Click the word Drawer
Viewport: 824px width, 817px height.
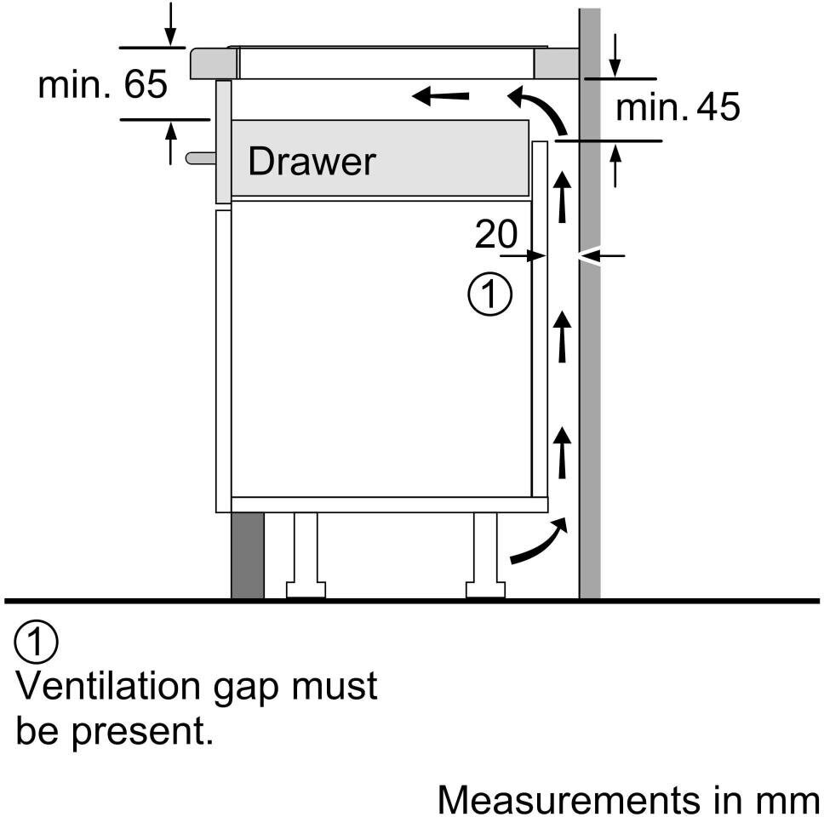pyautogui.click(x=312, y=162)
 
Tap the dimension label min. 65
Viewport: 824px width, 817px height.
pyautogui.click(x=103, y=84)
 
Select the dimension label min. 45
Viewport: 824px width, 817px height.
pyautogui.click(x=678, y=108)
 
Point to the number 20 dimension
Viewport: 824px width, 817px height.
pyautogui.click(x=495, y=234)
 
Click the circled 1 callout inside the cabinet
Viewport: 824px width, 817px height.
pyautogui.click(x=490, y=294)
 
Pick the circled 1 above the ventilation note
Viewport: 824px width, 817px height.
pyautogui.click(x=37, y=644)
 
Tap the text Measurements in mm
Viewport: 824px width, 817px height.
pyautogui.click(x=629, y=800)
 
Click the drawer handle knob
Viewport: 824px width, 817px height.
pyautogui.click(x=200, y=157)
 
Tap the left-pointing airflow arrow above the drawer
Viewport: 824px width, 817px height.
pyautogui.click(x=440, y=96)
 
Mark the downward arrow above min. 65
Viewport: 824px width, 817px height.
pyautogui.click(x=171, y=25)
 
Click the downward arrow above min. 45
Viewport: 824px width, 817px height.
pyautogui.click(x=615, y=56)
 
